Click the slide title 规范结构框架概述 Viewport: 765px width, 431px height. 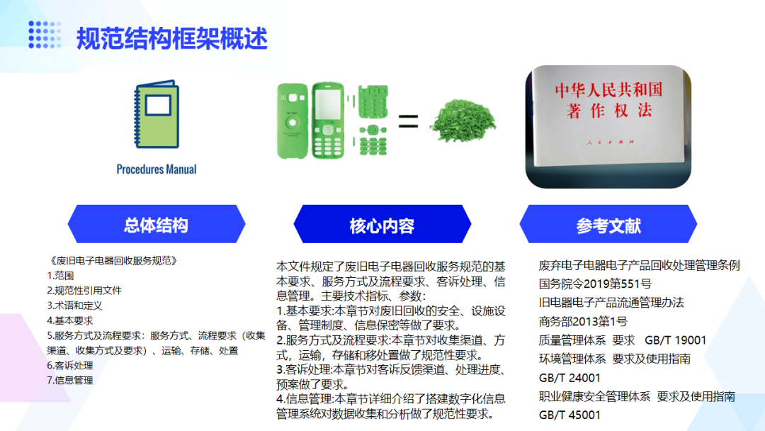[171, 38]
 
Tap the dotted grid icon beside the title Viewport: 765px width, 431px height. [45, 35]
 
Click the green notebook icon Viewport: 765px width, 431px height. [157, 114]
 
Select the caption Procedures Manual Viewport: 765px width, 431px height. [157, 169]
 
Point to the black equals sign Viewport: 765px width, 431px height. [409, 121]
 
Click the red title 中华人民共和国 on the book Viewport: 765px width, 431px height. [608, 89]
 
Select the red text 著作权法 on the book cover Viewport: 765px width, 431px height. [609, 111]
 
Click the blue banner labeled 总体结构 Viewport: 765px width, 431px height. [157, 224]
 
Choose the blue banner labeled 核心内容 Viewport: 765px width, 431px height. [382, 224]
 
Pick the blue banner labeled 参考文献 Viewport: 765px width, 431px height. [608, 224]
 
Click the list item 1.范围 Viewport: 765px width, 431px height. [60, 276]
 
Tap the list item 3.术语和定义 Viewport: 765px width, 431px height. [74, 306]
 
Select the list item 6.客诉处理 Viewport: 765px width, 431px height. [69, 366]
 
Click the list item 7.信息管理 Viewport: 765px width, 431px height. [69, 380]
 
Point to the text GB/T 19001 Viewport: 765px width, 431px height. [676, 340]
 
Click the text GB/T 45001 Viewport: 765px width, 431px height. [569, 415]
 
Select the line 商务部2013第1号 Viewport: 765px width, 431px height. [583, 322]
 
